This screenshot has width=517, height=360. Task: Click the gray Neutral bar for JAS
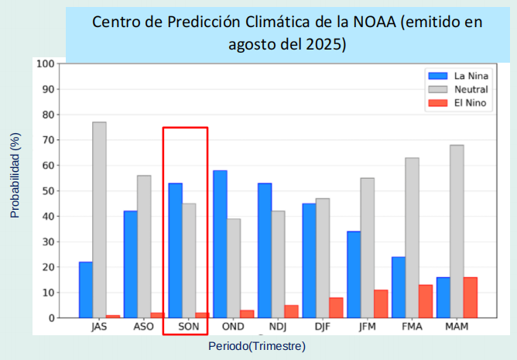99,220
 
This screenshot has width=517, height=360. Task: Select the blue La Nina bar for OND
220,244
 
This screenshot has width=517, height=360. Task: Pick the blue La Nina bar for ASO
130,264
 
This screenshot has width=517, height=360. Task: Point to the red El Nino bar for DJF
336,307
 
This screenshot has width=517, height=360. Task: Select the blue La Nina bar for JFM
354,274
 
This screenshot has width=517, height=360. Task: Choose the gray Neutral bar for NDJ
278,264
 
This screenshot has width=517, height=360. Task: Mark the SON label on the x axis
188,327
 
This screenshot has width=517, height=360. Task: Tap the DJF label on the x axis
322,327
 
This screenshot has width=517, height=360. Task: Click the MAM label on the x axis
457,327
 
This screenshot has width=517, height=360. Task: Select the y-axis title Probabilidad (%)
15,174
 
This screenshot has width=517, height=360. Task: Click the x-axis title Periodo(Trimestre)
256,346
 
